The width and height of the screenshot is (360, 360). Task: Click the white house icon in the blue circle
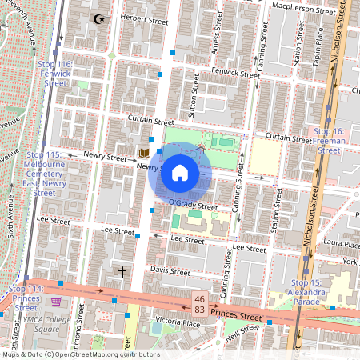click(x=180, y=173)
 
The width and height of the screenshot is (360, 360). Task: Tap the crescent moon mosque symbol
click(x=99, y=18)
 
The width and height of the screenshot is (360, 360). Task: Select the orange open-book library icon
click(x=145, y=153)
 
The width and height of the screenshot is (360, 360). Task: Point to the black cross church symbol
click(x=122, y=272)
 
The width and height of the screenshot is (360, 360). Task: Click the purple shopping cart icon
click(x=56, y=302)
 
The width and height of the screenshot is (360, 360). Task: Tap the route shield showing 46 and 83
click(x=198, y=303)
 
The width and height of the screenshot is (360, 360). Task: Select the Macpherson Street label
click(x=303, y=12)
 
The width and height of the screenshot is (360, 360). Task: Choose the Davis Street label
click(x=170, y=271)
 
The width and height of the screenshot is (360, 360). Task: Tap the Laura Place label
click(x=342, y=242)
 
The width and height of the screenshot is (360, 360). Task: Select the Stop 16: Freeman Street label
click(x=329, y=140)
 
